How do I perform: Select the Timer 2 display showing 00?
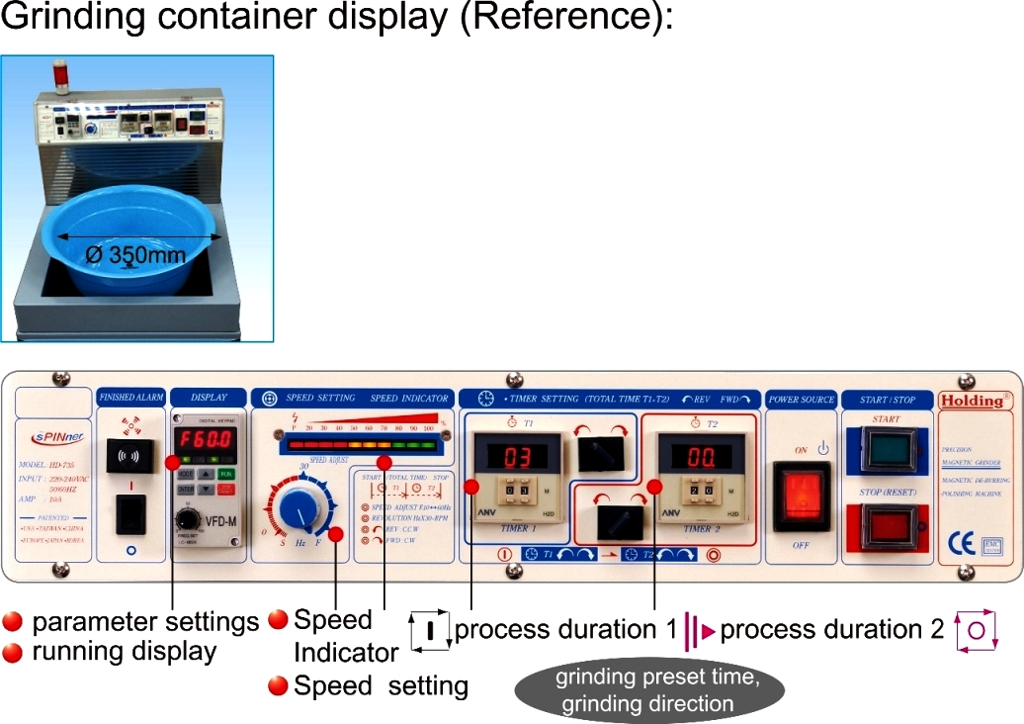(701, 457)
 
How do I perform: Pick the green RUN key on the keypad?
(226, 474)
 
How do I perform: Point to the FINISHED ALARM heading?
(132, 398)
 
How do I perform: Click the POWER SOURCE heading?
(802, 399)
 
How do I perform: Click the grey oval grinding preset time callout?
(651, 690)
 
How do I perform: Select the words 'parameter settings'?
(145, 622)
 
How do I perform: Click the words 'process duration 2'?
(832, 629)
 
